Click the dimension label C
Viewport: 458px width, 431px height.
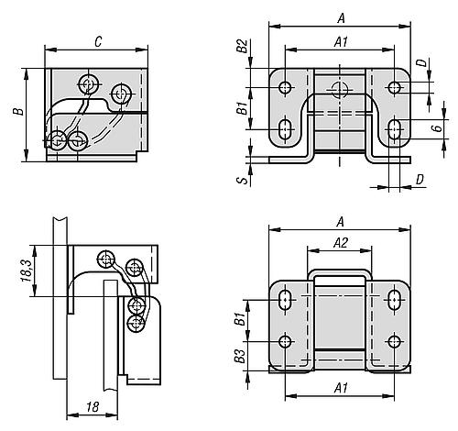[x=98, y=42]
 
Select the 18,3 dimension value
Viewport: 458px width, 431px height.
[x=27, y=271]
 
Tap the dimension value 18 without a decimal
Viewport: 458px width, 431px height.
[x=93, y=407]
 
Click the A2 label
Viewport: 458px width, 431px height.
[x=341, y=243]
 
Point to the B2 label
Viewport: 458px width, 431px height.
[x=243, y=46]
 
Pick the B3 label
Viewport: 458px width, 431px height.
[x=241, y=356]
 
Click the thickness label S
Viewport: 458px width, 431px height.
[x=244, y=179]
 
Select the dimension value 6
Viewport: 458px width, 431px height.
[x=438, y=127]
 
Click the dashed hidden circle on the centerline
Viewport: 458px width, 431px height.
[x=340, y=90]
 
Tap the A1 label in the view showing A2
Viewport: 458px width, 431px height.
[x=341, y=389]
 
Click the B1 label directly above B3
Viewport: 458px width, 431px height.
[x=241, y=318]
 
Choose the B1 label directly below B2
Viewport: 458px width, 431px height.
[x=243, y=108]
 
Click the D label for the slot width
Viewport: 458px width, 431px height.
[x=420, y=180]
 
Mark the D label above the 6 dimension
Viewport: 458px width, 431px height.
[x=422, y=63]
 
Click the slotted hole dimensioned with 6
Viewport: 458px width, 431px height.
[x=395, y=129]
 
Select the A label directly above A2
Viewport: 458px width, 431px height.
[x=341, y=222]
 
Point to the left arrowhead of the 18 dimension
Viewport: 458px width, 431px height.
[x=72, y=414]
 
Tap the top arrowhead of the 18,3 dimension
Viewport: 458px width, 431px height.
[x=35, y=250]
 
